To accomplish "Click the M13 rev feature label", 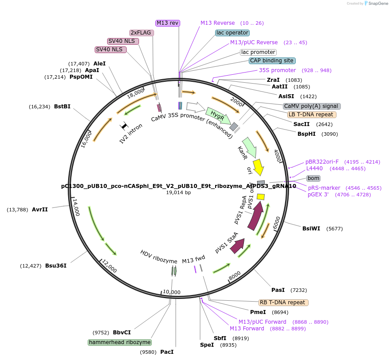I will click(x=168, y=23).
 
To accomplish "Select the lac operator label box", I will click(x=232, y=33).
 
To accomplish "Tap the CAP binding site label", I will click(x=271, y=61).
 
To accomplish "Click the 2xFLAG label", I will click(x=141, y=33).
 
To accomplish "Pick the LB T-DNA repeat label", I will click(x=311, y=115).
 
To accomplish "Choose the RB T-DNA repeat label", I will click(x=283, y=303).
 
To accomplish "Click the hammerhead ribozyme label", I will click(x=120, y=342).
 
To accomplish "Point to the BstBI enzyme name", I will click(x=62, y=107).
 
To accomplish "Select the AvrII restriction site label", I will click(x=40, y=210).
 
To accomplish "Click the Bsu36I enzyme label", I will click(x=56, y=266).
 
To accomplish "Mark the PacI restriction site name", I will click(x=167, y=352).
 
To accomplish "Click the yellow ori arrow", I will click(x=258, y=167).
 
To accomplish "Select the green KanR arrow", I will click(x=250, y=147).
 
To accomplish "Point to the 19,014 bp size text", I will click(x=178, y=192).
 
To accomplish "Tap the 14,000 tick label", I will click(x=76, y=207).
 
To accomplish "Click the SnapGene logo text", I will click(x=378, y=4).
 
